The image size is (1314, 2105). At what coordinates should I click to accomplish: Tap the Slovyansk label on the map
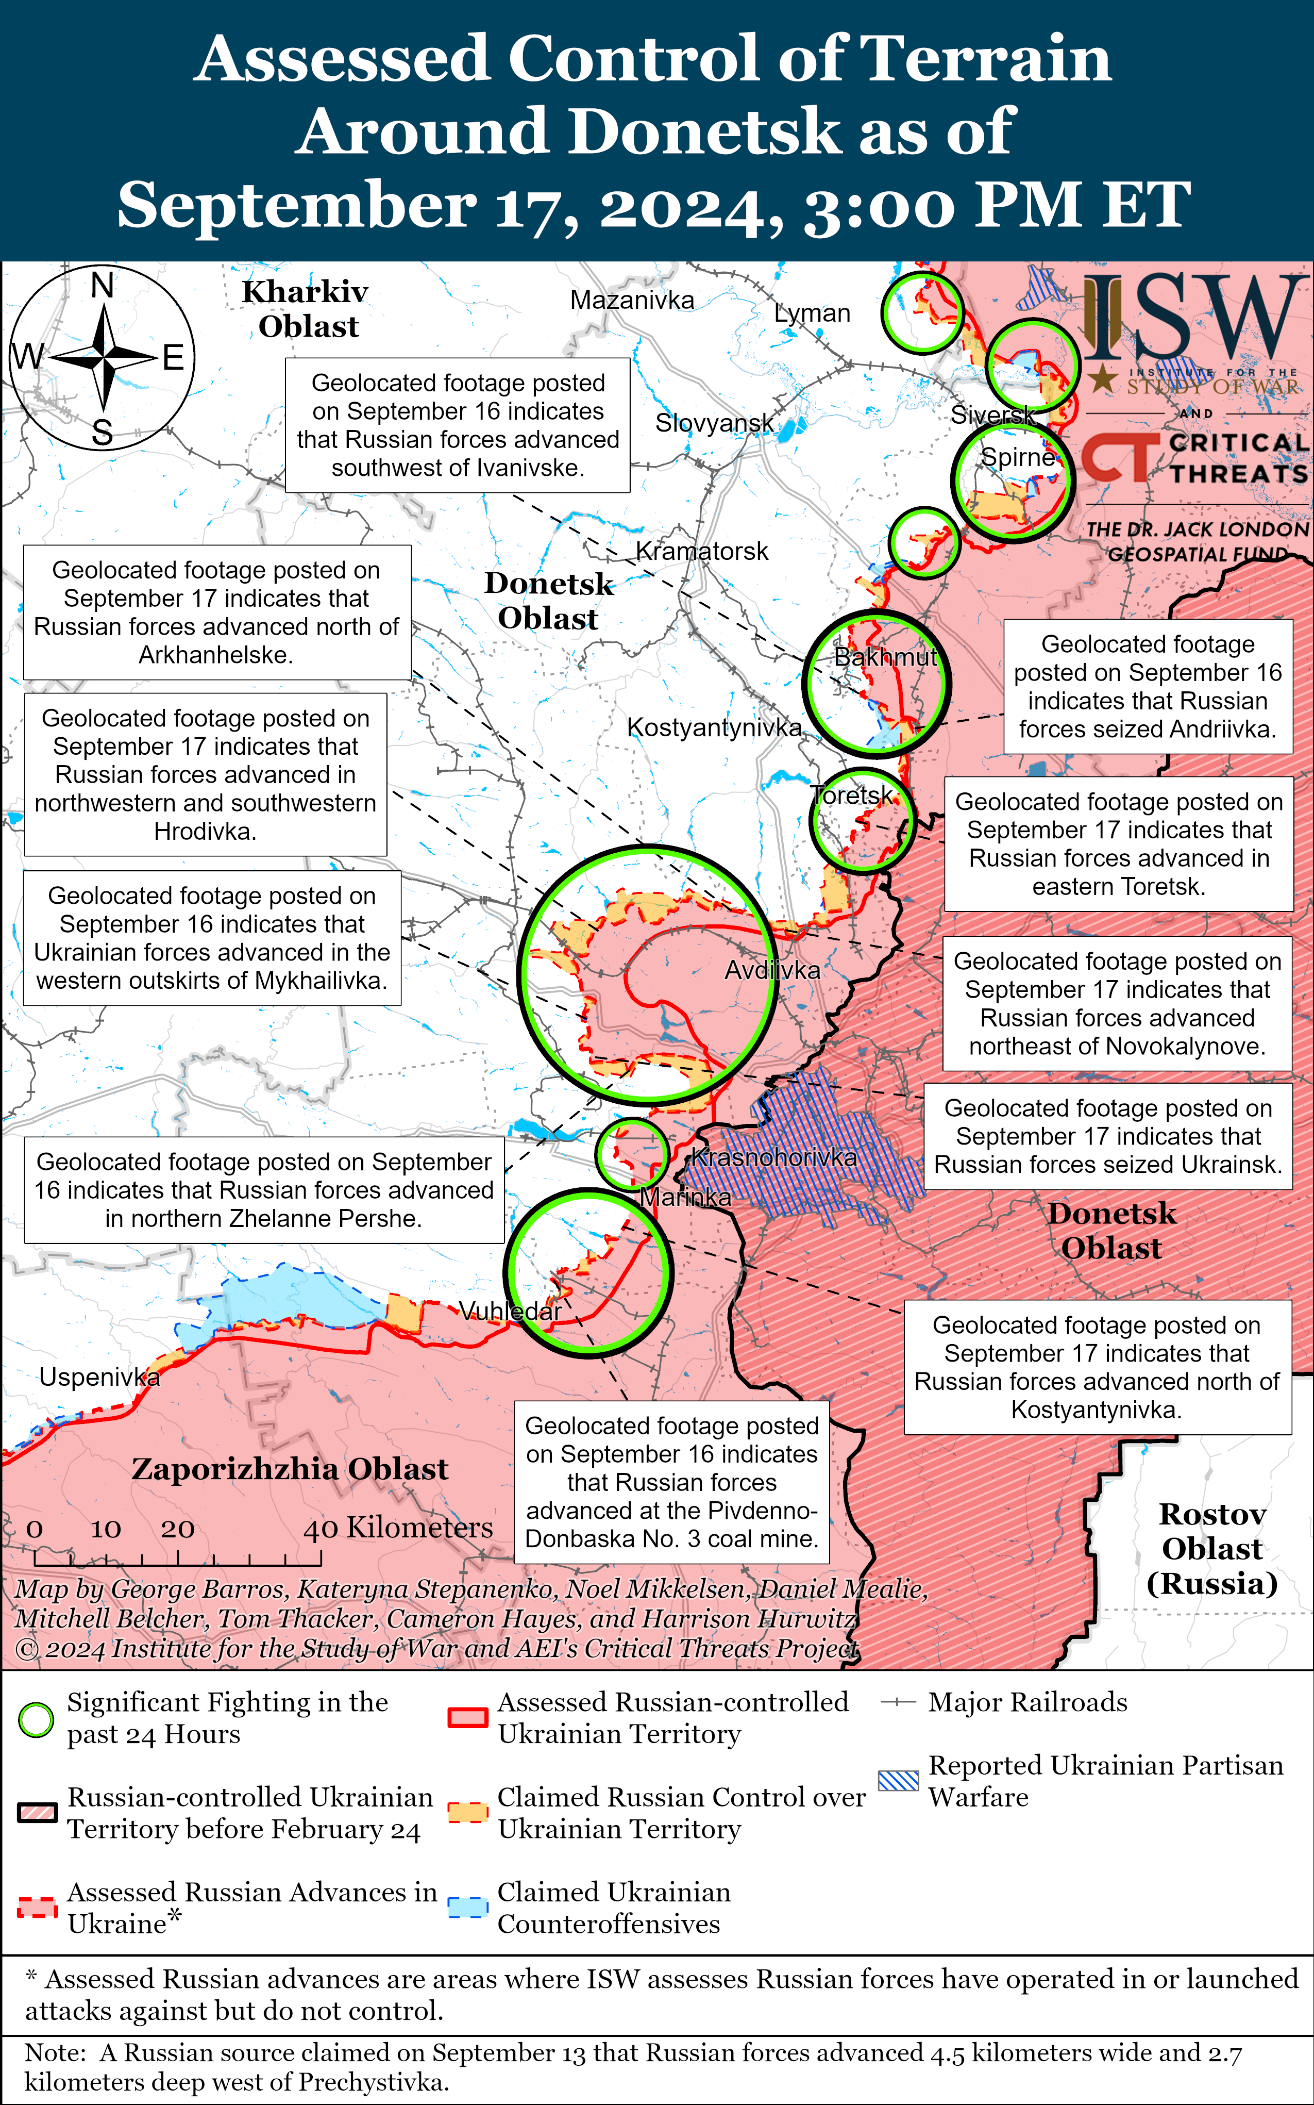click(x=714, y=423)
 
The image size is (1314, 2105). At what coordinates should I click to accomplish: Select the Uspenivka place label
click(x=99, y=1377)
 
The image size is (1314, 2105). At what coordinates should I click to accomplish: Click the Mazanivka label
click(x=632, y=300)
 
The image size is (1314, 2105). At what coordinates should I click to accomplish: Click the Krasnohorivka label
click(x=773, y=1157)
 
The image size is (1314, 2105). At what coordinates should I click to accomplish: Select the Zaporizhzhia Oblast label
click(x=290, y=1468)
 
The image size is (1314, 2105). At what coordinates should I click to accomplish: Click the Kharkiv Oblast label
click(x=306, y=309)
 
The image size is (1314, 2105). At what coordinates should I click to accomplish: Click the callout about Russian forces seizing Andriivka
click(x=1147, y=686)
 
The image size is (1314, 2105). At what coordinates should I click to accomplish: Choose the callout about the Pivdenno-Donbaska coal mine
click(x=671, y=1482)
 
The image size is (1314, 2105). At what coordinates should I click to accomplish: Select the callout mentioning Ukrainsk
click(x=1107, y=1136)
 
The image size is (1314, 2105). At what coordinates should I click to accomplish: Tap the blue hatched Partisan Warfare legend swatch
click(x=898, y=1781)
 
